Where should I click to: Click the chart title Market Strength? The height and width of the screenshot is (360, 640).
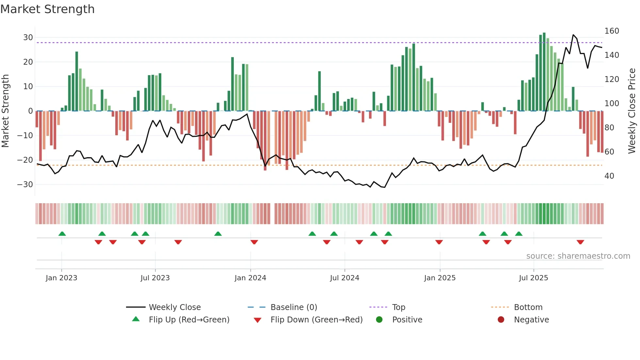47,9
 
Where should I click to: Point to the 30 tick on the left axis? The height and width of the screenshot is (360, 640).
28,38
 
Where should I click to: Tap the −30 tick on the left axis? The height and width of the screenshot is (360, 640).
25,185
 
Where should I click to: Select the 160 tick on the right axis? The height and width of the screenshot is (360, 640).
612,31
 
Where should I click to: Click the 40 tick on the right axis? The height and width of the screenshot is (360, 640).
609,176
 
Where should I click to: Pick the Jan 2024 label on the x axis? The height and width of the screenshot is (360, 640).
250,278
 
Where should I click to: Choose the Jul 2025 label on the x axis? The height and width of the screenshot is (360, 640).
533,278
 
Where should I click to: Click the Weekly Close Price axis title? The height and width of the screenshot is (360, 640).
632,111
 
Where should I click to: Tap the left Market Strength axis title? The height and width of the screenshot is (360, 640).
5,111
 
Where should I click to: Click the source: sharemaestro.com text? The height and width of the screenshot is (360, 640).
578,256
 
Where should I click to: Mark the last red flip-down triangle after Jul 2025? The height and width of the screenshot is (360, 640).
580,242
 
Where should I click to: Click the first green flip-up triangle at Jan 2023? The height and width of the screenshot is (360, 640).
62,234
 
